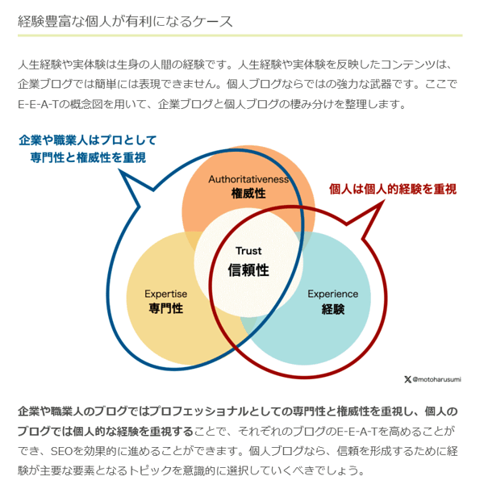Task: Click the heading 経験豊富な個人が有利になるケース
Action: point(125,22)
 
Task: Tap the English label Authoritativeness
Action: point(248,179)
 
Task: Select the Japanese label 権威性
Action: point(248,193)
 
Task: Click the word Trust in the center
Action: point(248,251)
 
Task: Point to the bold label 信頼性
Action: point(248,270)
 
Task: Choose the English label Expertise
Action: point(165,294)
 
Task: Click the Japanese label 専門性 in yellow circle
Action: point(165,308)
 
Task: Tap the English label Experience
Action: point(333,294)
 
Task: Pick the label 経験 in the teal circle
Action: point(333,309)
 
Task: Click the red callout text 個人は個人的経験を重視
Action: point(393,189)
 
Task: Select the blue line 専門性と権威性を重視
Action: point(88,157)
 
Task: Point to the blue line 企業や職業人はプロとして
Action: point(88,140)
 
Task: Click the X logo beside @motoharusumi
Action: point(407,379)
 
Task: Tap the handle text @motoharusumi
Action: point(437,379)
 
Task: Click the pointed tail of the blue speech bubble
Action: point(119,170)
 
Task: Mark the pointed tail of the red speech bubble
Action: point(383,201)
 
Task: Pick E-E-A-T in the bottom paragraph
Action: point(357,432)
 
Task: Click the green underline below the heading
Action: point(240,36)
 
